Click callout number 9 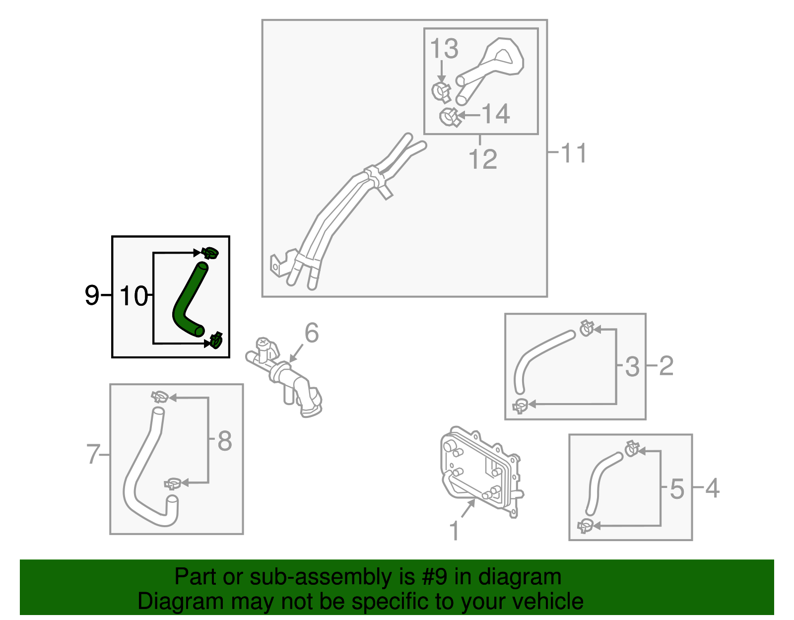point(92,296)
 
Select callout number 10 point(133,296)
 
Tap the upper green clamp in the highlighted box point(210,253)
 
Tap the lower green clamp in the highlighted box point(216,340)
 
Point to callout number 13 point(444,49)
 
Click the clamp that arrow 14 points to point(449,117)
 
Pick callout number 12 point(482,159)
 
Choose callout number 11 point(574,153)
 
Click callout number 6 point(312,333)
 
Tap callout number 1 point(454,531)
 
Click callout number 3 point(632,366)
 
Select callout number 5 point(677,488)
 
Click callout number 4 point(712,488)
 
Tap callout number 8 point(224,440)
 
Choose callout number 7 point(93,454)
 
